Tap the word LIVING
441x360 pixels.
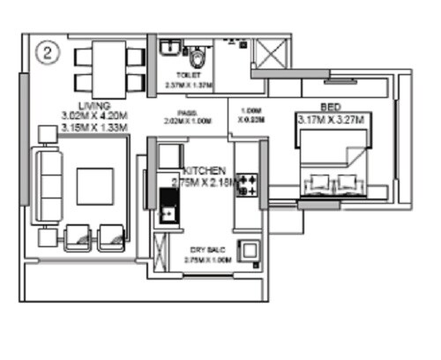(x=89, y=105)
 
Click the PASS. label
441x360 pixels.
(x=186, y=112)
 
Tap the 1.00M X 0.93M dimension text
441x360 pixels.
(x=246, y=116)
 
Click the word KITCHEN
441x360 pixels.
(x=205, y=169)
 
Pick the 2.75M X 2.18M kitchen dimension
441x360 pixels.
(x=205, y=182)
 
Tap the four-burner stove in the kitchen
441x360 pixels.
(x=249, y=188)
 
